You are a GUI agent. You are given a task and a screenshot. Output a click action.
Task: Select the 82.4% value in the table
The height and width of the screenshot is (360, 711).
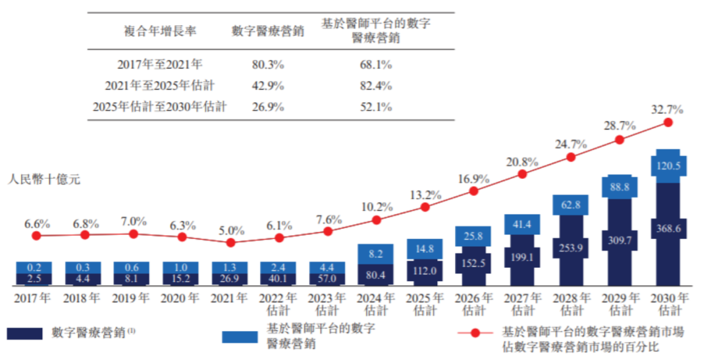click(377, 86)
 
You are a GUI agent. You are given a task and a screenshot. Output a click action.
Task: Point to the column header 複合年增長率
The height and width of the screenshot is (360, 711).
click(160, 30)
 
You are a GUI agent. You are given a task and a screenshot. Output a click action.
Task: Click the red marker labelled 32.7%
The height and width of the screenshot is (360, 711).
click(668, 122)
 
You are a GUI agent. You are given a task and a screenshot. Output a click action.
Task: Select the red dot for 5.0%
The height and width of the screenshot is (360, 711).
click(230, 243)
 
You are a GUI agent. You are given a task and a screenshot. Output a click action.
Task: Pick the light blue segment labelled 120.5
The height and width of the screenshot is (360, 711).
click(668, 166)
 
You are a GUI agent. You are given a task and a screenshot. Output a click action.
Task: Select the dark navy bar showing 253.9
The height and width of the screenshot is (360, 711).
click(571, 250)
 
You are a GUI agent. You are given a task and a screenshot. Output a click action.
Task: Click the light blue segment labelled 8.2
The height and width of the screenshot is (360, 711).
click(376, 253)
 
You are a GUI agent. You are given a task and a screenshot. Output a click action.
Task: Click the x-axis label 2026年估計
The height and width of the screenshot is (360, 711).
click(473, 303)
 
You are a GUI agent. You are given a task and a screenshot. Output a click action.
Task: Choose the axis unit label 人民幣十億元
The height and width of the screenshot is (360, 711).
click(44, 179)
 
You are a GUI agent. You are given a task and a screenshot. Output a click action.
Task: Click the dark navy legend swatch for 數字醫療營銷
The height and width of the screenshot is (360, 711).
click(26, 334)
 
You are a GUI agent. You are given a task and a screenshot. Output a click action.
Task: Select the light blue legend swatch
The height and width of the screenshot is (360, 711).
click(240, 336)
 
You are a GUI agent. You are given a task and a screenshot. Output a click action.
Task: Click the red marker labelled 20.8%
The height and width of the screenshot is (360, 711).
click(522, 174)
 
